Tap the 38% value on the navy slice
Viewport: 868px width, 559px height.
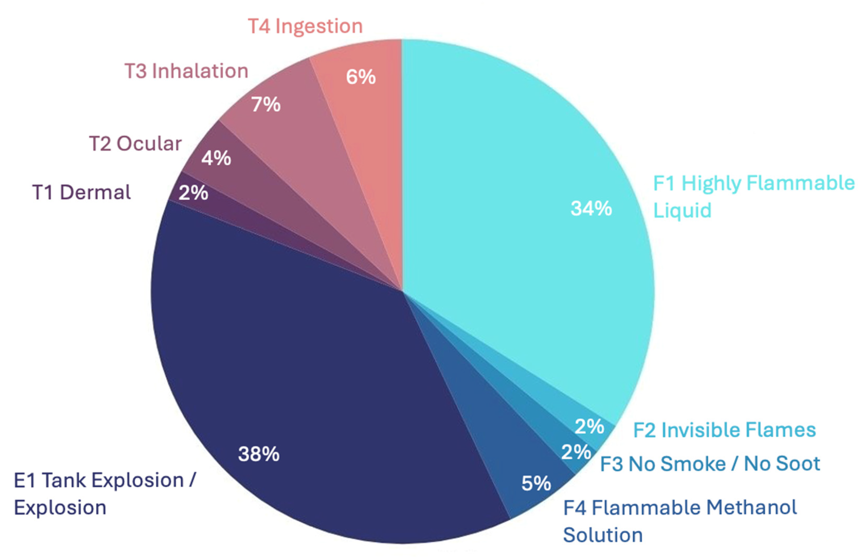coord(259,454)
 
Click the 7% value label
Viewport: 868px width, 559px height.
coord(266,105)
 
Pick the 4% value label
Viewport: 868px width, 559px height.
coord(216,158)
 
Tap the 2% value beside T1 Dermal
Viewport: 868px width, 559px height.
coord(193,192)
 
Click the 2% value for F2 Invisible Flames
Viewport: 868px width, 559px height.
coord(590,426)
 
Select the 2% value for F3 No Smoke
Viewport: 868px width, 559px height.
coord(576,452)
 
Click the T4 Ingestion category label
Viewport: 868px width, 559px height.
coord(305,26)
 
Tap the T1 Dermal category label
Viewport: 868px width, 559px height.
coord(82,192)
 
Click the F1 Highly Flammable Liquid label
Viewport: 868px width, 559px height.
coord(753,196)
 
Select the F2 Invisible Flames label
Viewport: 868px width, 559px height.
coord(724,430)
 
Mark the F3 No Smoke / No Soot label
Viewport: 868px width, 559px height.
coord(710,464)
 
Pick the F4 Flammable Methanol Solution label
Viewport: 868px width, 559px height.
coord(680,521)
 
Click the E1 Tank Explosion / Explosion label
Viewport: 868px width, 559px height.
coord(104,494)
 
